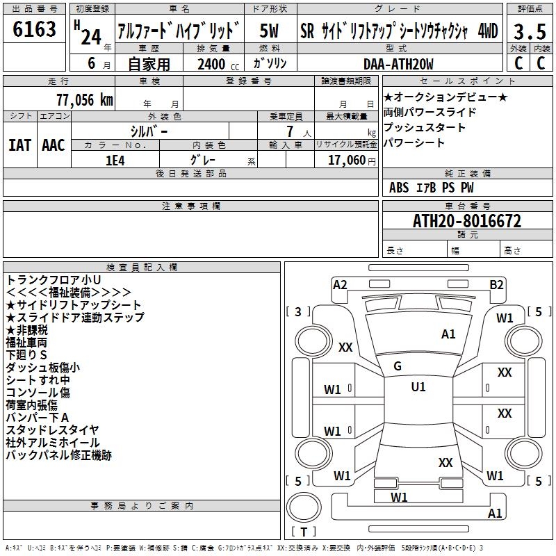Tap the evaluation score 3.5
point(528,32)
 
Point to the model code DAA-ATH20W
point(398,65)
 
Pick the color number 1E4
point(115,160)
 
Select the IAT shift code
point(19,145)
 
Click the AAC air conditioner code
point(53,145)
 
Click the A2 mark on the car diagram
point(340,284)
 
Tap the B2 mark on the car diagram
point(496,284)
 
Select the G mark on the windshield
point(398,366)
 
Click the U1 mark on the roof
point(418,387)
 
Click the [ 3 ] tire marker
point(299,311)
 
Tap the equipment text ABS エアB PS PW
point(432,188)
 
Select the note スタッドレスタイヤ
point(52,430)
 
